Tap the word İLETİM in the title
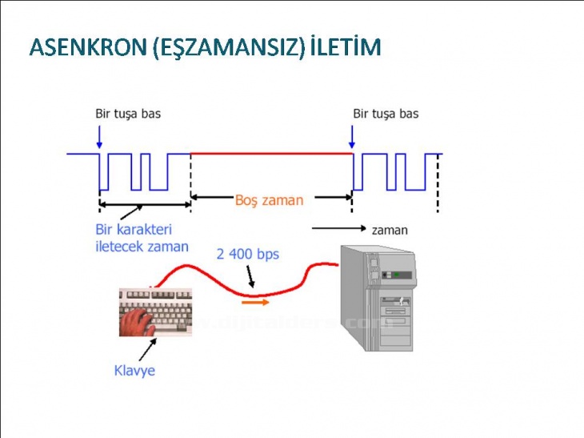click(x=346, y=47)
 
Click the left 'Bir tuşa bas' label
click(x=128, y=113)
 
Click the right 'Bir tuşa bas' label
click(x=386, y=113)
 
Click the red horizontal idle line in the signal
click(x=272, y=153)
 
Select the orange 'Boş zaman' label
click(x=269, y=200)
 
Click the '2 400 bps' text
click(x=248, y=254)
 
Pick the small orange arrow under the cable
click(x=256, y=302)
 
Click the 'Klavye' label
click(x=134, y=371)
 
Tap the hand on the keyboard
click(x=138, y=322)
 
